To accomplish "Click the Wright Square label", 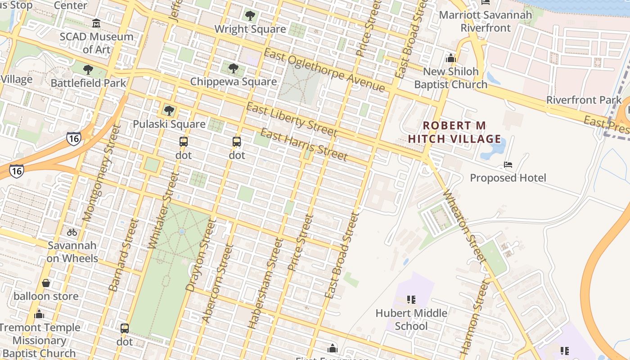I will (x=250, y=29).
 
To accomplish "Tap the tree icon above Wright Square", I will (x=250, y=16).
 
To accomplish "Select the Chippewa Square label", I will (x=233, y=81).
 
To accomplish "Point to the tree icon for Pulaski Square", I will (x=169, y=111).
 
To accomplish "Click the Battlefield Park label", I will (x=88, y=83).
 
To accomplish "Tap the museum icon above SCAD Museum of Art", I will (x=96, y=23).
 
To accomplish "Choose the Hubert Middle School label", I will (x=411, y=319).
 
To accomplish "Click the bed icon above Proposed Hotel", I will (x=508, y=165).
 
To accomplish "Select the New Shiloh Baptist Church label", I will (x=450, y=78).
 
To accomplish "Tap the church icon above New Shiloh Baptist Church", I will (x=450, y=58).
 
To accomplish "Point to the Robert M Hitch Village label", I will (x=454, y=132).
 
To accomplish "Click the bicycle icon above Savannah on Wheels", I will (x=72, y=232).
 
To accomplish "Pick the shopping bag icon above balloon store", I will (x=46, y=283).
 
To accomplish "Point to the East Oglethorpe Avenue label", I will (x=324, y=70).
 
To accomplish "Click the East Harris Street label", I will (x=304, y=145).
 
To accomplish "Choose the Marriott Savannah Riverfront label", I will (x=485, y=21).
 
